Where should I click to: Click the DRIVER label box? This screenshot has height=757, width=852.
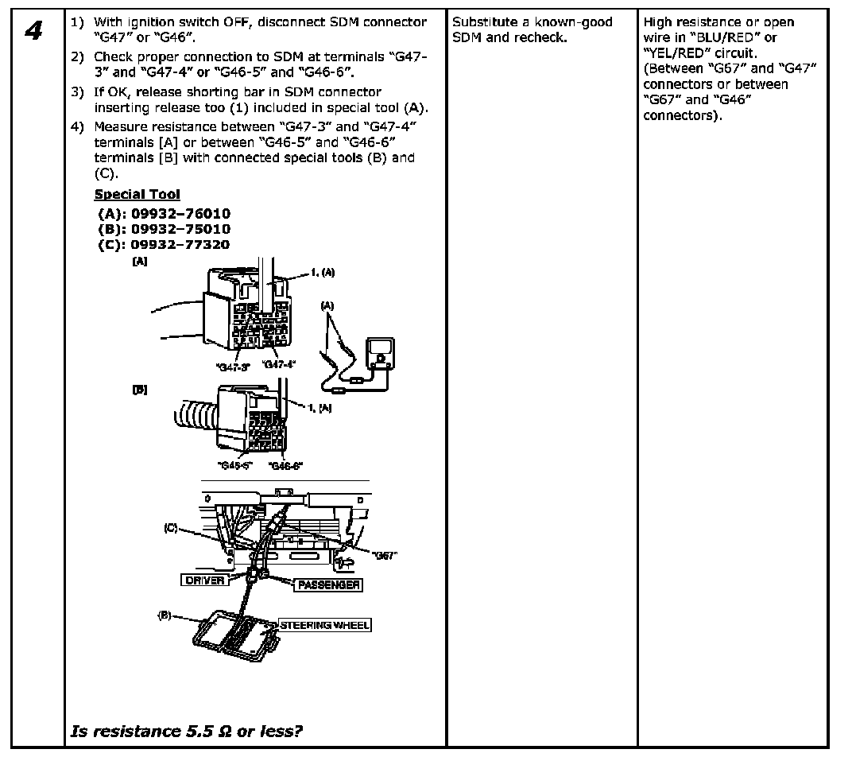point(205,581)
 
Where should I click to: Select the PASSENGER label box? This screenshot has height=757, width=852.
point(327,585)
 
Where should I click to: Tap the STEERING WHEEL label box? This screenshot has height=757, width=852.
point(324,625)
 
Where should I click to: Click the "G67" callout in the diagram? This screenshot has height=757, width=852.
point(384,556)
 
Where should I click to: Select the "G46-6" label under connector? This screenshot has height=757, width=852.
point(285,465)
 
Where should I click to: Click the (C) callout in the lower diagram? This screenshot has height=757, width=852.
point(171,527)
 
